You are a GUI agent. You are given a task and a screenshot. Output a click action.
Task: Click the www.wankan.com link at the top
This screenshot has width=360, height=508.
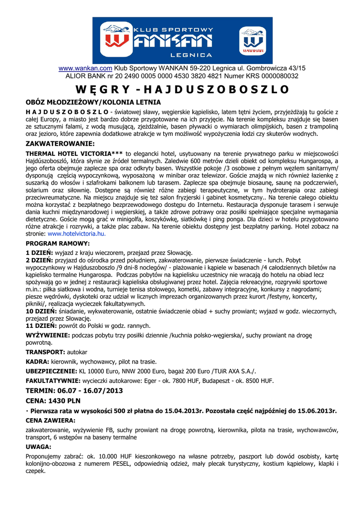pos(85,68)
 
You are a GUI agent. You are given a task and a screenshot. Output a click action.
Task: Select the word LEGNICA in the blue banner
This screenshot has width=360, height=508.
pos(191,55)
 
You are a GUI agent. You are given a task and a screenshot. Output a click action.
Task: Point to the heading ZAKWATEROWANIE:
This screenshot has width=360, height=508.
pos(60,143)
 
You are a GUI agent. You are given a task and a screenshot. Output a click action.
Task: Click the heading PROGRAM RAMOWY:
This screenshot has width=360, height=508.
pos(58,244)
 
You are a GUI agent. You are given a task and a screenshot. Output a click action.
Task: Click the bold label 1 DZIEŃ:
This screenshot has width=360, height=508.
pos(40,253)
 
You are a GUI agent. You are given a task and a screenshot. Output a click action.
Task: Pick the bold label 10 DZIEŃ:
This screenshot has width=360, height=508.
pos(42,310)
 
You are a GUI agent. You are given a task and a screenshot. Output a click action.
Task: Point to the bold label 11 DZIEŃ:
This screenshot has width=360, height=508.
pos(42,326)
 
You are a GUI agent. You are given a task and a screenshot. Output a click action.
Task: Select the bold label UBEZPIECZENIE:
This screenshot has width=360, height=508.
pos(51,371)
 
